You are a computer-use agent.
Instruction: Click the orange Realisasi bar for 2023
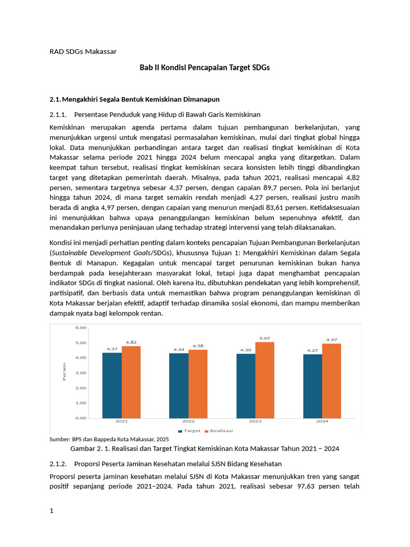(x=264, y=380)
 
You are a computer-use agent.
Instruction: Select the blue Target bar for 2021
(x=112, y=385)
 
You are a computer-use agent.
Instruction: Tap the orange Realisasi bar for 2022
(x=198, y=384)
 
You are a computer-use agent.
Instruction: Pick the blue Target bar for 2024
(x=312, y=386)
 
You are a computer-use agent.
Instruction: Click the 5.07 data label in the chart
(x=265, y=338)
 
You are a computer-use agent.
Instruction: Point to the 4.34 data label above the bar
(x=178, y=349)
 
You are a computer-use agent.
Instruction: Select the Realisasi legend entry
(x=218, y=431)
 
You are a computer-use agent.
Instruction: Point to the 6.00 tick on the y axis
(x=81, y=327)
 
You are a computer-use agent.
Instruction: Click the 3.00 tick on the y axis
(x=81, y=373)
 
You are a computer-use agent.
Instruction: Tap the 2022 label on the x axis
(x=188, y=421)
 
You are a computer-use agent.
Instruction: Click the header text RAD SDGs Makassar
(x=83, y=51)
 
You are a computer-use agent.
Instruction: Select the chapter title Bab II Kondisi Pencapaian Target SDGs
(x=205, y=67)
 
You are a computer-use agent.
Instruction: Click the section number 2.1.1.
(x=58, y=114)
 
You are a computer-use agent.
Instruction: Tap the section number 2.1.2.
(x=58, y=463)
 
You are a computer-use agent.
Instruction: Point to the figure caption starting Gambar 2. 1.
(x=205, y=449)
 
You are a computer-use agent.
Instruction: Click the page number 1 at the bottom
(x=51, y=511)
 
